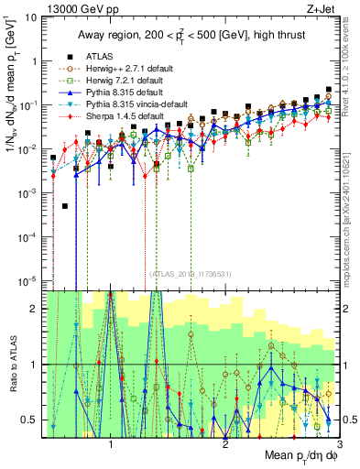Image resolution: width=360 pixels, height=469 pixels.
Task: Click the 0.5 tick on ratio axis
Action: pyautogui.click(x=29, y=420)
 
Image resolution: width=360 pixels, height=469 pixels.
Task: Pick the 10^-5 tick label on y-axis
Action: pyautogui.click(x=27, y=280)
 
